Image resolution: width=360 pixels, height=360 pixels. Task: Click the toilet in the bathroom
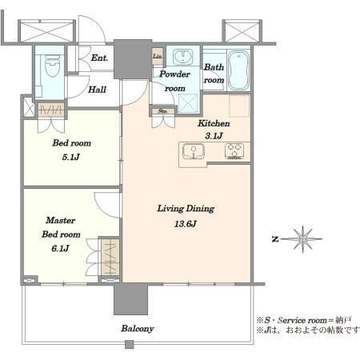click(52, 66)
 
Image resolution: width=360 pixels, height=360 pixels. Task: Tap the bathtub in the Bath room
click(239, 70)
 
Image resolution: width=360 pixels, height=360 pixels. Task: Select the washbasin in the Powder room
click(183, 57)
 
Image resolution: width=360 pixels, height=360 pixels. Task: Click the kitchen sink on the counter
click(194, 151)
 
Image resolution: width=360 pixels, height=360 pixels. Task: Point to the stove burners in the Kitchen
click(234, 150)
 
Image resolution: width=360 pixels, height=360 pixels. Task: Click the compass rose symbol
click(302, 239)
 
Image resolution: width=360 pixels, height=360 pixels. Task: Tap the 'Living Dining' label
click(186, 208)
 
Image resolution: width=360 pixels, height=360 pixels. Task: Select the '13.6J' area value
click(186, 224)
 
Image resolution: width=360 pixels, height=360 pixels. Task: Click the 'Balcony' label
click(138, 329)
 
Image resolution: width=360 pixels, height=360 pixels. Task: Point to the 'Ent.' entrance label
click(99, 58)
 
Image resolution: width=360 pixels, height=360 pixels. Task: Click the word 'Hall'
click(98, 90)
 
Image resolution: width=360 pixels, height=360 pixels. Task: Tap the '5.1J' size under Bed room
click(71, 157)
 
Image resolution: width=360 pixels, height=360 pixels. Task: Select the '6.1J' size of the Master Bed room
click(61, 249)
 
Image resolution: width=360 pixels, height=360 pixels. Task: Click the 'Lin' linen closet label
click(158, 56)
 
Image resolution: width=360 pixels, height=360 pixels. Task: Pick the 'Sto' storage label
click(162, 111)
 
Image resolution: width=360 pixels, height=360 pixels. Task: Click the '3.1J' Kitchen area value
click(214, 136)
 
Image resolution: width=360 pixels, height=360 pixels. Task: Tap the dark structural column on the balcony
click(130, 299)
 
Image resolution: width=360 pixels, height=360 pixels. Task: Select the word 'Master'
click(61, 220)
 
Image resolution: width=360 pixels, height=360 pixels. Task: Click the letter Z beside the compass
click(275, 240)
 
